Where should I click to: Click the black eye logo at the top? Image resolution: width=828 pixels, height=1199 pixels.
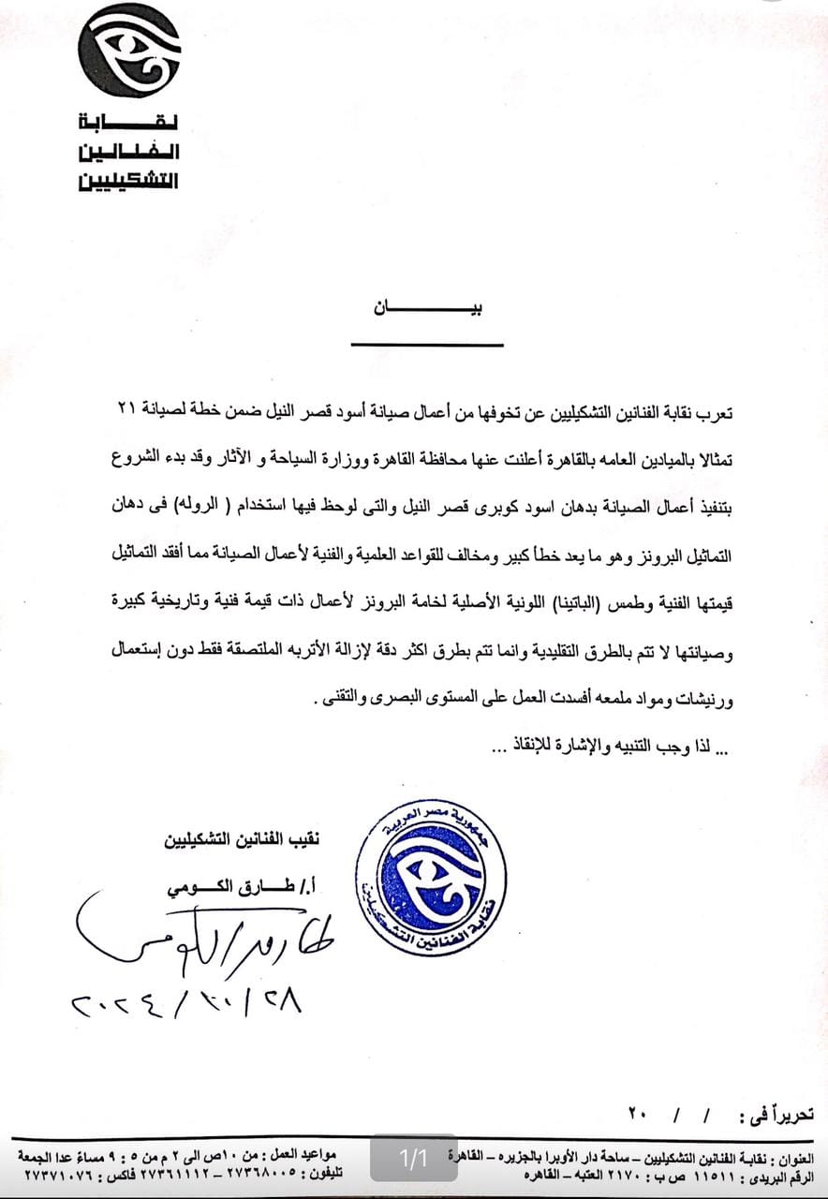click(128, 51)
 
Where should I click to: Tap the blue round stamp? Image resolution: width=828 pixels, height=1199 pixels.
click(432, 877)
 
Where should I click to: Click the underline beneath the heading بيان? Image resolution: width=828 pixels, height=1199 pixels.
click(427, 344)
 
